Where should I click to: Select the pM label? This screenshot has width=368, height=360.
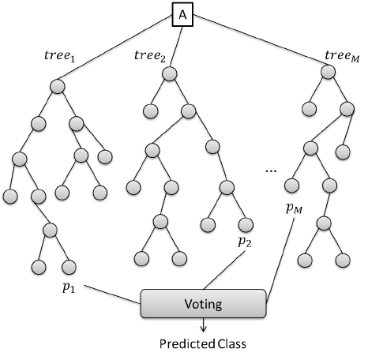[x=294, y=208]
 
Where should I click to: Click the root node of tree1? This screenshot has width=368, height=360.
[x=57, y=85]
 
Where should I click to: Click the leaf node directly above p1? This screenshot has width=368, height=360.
[x=68, y=265]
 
